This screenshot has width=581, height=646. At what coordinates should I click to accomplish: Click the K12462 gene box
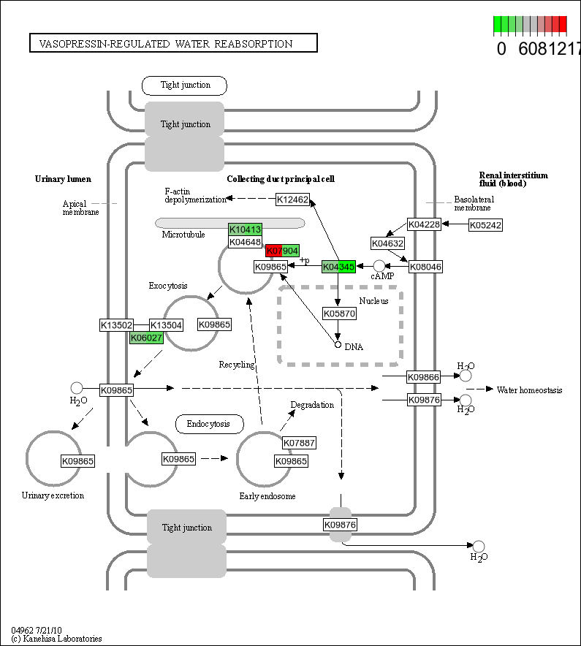coord(292,199)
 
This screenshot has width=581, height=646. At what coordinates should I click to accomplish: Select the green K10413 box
coord(245,229)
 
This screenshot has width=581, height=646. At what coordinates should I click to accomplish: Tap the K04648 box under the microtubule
coord(245,242)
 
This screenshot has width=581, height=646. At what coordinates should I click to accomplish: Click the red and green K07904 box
coord(282,251)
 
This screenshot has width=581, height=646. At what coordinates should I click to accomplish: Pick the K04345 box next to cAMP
coord(338,267)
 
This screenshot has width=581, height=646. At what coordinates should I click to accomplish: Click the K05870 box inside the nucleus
coord(339,313)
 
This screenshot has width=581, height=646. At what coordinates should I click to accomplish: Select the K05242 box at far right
coord(485,225)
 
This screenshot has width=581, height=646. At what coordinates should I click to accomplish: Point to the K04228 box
coord(424,225)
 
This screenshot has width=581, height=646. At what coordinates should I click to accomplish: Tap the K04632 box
coord(387,243)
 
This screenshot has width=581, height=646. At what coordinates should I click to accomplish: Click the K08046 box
coord(425,267)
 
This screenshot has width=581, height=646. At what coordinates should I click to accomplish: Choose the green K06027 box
coord(146,338)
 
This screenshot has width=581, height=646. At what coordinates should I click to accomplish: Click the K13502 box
coord(116,324)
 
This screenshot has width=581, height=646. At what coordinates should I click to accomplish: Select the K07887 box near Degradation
coord(299,443)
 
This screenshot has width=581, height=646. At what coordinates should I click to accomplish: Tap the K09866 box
coord(424,376)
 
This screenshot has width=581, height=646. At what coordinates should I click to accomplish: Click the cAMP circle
coord(379,266)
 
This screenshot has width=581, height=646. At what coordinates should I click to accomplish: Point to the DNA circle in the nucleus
coord(338,344)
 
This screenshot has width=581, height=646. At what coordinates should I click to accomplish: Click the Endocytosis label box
coord(208,424)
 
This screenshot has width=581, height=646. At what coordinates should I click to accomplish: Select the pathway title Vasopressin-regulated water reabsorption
coord(173,44)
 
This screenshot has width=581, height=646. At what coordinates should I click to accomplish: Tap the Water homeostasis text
coord(529,390)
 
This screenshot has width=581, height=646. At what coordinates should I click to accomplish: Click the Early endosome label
coord(267,497)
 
